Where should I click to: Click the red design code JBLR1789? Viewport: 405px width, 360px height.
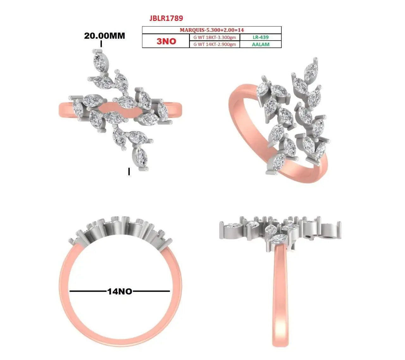pos(166,18)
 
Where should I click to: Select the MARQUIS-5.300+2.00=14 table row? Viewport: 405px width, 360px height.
pos(212,30)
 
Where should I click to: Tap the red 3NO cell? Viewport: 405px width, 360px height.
pos(166,41)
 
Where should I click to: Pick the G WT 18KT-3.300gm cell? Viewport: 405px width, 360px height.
pos(215,37)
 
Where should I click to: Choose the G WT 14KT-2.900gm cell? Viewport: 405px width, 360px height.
pos(215,44)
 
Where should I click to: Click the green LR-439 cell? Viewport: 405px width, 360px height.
pos(260,37)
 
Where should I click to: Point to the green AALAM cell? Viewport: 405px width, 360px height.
pos(260,44)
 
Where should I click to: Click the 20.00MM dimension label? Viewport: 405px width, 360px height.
pos(104,36)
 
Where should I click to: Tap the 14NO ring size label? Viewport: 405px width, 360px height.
pos(120,291)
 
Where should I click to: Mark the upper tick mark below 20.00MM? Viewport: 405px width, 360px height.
pos(101,44)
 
